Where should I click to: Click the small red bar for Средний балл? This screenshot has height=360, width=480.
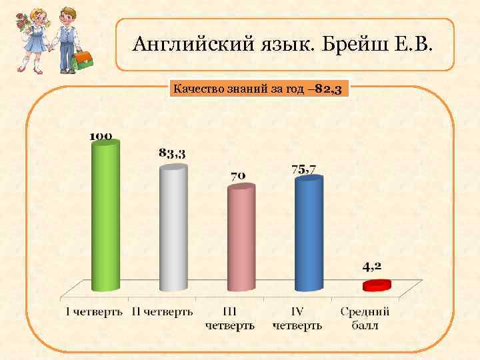376,285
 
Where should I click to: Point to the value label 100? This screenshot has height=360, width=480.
101,135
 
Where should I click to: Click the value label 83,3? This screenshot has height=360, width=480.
172,153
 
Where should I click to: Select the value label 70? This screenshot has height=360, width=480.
238,176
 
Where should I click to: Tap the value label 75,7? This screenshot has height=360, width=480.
304,169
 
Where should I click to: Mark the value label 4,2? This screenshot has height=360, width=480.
372,266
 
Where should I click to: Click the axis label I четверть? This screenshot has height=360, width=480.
94,311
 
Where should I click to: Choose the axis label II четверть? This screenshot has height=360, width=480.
162,311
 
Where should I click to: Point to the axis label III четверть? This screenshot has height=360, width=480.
229,318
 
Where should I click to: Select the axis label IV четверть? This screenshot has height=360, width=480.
297,318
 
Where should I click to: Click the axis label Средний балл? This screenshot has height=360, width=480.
365,318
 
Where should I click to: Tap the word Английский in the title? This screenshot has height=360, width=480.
177,45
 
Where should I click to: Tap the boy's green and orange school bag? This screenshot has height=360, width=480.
82,61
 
